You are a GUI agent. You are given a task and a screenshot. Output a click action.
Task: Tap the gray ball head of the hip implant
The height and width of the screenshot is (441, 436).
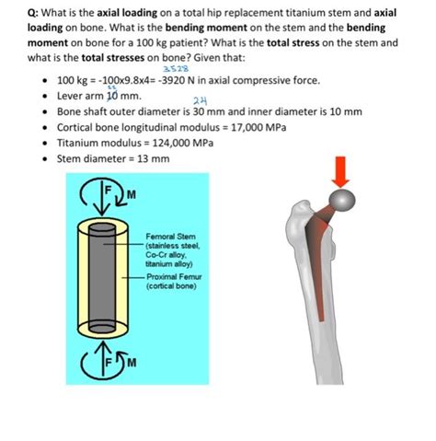tap(340, 200)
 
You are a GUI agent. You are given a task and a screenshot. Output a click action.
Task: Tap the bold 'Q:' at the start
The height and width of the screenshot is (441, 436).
tap(35, 12)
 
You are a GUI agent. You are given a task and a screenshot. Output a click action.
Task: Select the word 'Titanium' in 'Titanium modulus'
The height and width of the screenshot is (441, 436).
tap(79, 143)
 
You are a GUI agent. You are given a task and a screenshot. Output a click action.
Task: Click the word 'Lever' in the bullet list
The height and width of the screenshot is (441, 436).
tap(72, 96)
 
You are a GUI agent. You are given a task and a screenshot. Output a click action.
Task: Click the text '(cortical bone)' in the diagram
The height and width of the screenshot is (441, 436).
tap(170, 286)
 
